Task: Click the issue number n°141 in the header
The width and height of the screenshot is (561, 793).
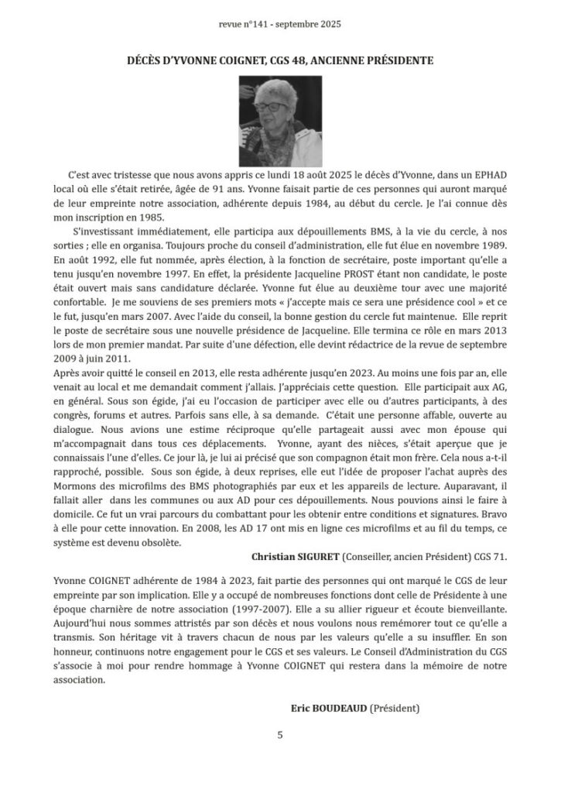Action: [259, 25]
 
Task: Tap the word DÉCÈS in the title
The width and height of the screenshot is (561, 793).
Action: [148, 60]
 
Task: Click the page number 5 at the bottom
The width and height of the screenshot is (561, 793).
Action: [280, 735]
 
